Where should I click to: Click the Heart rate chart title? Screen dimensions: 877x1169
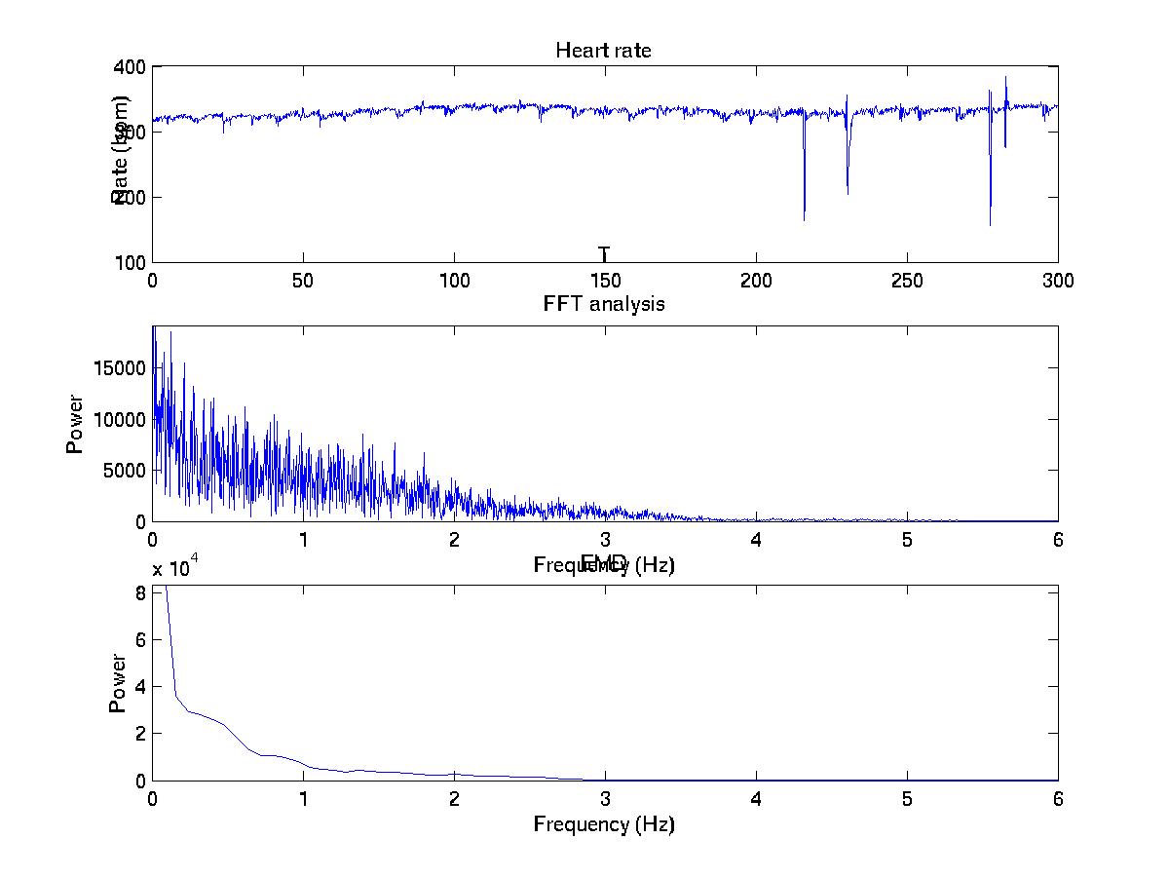tap(603, 51)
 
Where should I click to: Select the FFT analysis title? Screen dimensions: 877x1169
tap(603, 304)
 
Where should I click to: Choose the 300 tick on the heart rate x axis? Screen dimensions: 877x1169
tap(1057, 281)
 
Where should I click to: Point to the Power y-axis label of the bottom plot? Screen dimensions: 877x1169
tap(118, 683)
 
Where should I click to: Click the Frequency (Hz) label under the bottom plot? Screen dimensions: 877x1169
tap(603, 824)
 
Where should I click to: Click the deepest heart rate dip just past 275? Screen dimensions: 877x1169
tap(990, 225)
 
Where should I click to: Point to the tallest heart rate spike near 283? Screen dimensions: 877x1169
tap(1005, 78)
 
